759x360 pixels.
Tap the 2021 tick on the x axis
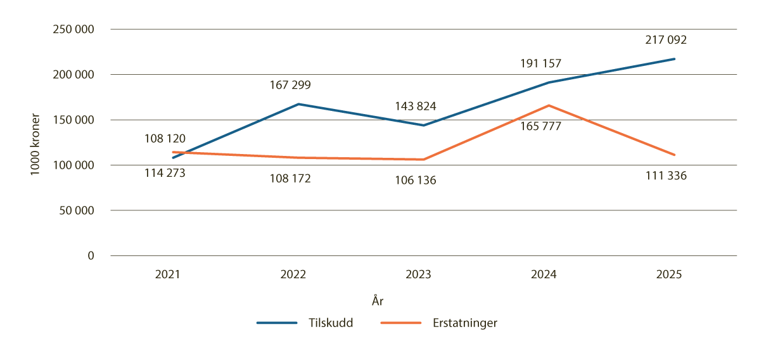167,274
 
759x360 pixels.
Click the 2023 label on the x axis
418,274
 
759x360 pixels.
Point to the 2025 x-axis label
668,274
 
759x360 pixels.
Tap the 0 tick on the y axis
90,255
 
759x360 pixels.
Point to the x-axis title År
378,302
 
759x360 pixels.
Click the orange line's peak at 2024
549,105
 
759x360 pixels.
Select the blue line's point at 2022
298,104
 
